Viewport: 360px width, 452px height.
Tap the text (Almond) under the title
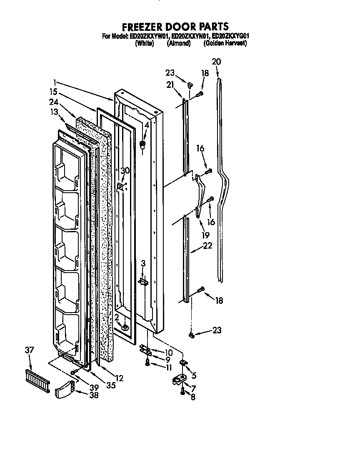coord(178,43)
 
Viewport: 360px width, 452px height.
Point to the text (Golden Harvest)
coord(225,43)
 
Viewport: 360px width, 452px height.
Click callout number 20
coord(216,62)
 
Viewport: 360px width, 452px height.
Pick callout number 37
coord(29,350)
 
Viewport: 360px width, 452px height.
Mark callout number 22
coord(207,246)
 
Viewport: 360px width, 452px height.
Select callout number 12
coord(119,378)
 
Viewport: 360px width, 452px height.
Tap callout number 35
coord(110,385)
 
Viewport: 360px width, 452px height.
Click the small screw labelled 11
coord(147,363)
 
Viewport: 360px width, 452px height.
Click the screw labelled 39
coord(74,372)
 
